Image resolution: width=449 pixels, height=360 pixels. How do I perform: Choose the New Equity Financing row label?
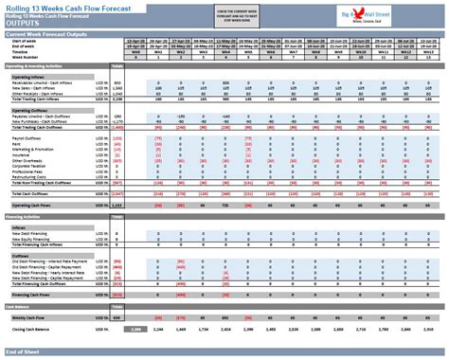[31, 240]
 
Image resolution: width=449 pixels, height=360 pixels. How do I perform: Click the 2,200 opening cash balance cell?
[136, 328]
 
